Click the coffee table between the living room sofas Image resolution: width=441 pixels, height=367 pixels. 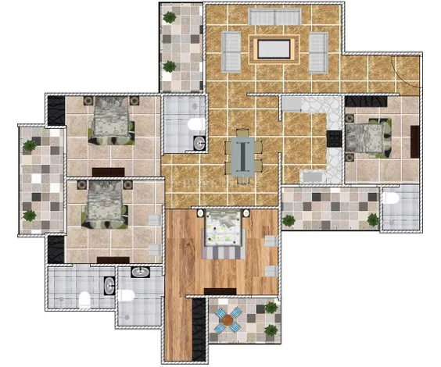point(274,49)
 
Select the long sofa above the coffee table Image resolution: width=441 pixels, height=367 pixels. point(274,17)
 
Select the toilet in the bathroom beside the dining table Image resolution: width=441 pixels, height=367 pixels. point(196,123)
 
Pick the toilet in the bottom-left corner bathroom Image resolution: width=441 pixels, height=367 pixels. point(84,297)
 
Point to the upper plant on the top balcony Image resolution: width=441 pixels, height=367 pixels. point(169,16)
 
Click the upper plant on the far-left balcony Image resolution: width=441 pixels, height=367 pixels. point(29,145)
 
